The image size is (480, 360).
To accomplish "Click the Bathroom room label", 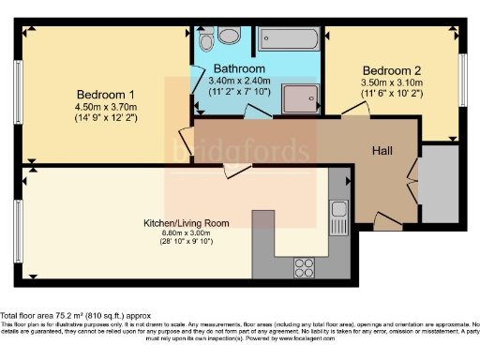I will pyautogui.click(x=238, y=69).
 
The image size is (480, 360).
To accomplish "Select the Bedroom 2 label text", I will pyautogui.click(x=393, y=69).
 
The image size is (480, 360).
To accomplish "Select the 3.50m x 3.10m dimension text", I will pyautogui.click(x=393, y=82).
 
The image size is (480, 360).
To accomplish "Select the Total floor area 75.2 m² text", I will pyautogui.click(x=75, y=316).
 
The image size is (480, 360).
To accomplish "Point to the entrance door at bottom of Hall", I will pyautogui.click(x=385, y=220).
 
